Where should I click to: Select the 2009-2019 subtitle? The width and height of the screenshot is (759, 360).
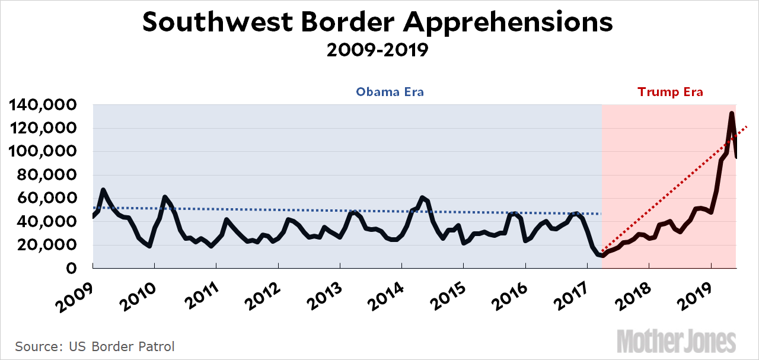(x=378, y=50)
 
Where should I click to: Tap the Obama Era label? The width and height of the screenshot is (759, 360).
(x=390, y=92)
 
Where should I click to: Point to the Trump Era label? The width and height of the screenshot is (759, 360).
(x=670, y=92)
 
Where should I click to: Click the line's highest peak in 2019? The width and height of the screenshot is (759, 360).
(x=732, y=113)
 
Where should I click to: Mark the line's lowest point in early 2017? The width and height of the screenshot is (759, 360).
(x=602, y=256)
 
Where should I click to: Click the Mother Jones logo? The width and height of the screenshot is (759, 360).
(x=677, y=341)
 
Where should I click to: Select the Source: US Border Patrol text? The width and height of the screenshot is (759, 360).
(x=95, y=346)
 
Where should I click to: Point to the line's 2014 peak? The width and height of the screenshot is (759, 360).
(x=422, y=197)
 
